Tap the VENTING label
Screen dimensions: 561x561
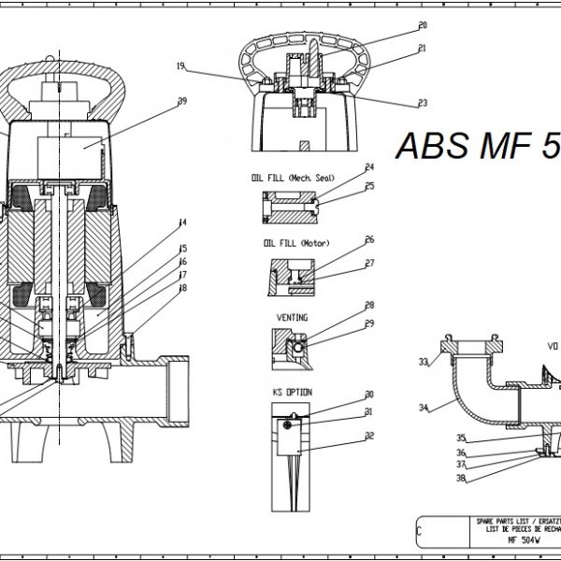point(292,317)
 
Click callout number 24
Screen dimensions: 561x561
point(369,167)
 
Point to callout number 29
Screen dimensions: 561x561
point(369,324)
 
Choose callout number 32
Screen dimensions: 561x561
point(369,436)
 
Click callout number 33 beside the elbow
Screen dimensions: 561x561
point(424,362)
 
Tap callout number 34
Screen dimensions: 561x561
point(424,408)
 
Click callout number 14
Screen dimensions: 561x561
point(183,223)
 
